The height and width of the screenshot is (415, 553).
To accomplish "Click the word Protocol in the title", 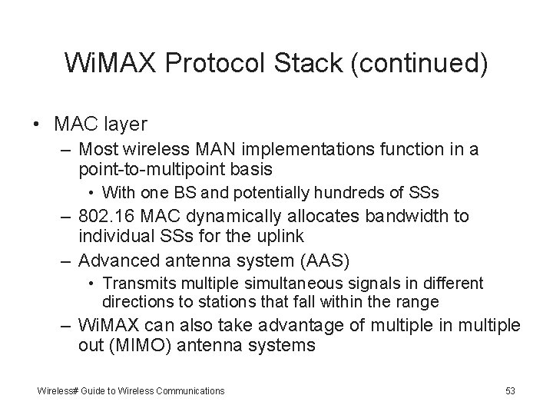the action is click(226, 64).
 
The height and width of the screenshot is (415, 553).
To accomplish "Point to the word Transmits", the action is click(131, 284).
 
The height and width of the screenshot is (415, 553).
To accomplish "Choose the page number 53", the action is click(510, 391).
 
